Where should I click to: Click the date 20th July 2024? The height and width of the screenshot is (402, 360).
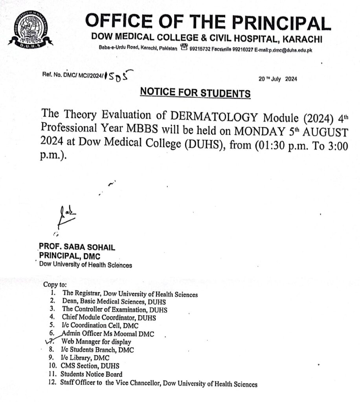point(277,79)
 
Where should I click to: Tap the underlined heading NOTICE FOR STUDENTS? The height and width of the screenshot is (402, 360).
point(195,93)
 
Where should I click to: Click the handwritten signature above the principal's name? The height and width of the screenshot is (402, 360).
point(66,216)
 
